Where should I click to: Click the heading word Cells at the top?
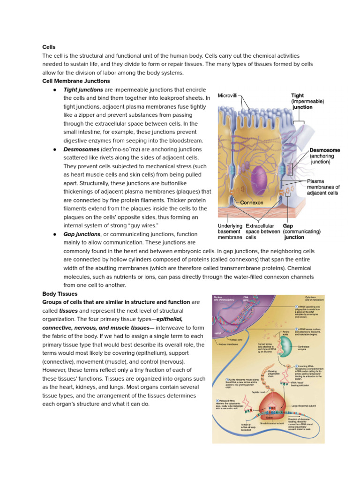click(49, 47)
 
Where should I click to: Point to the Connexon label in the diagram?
click(251, 202)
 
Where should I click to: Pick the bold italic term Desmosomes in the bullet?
click(81, 149)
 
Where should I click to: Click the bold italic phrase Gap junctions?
click(82, 234)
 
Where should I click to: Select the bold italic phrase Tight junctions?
click(83, 90)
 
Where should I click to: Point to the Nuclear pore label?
click(232, 340)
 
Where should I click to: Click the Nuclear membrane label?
click(229, 345)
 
